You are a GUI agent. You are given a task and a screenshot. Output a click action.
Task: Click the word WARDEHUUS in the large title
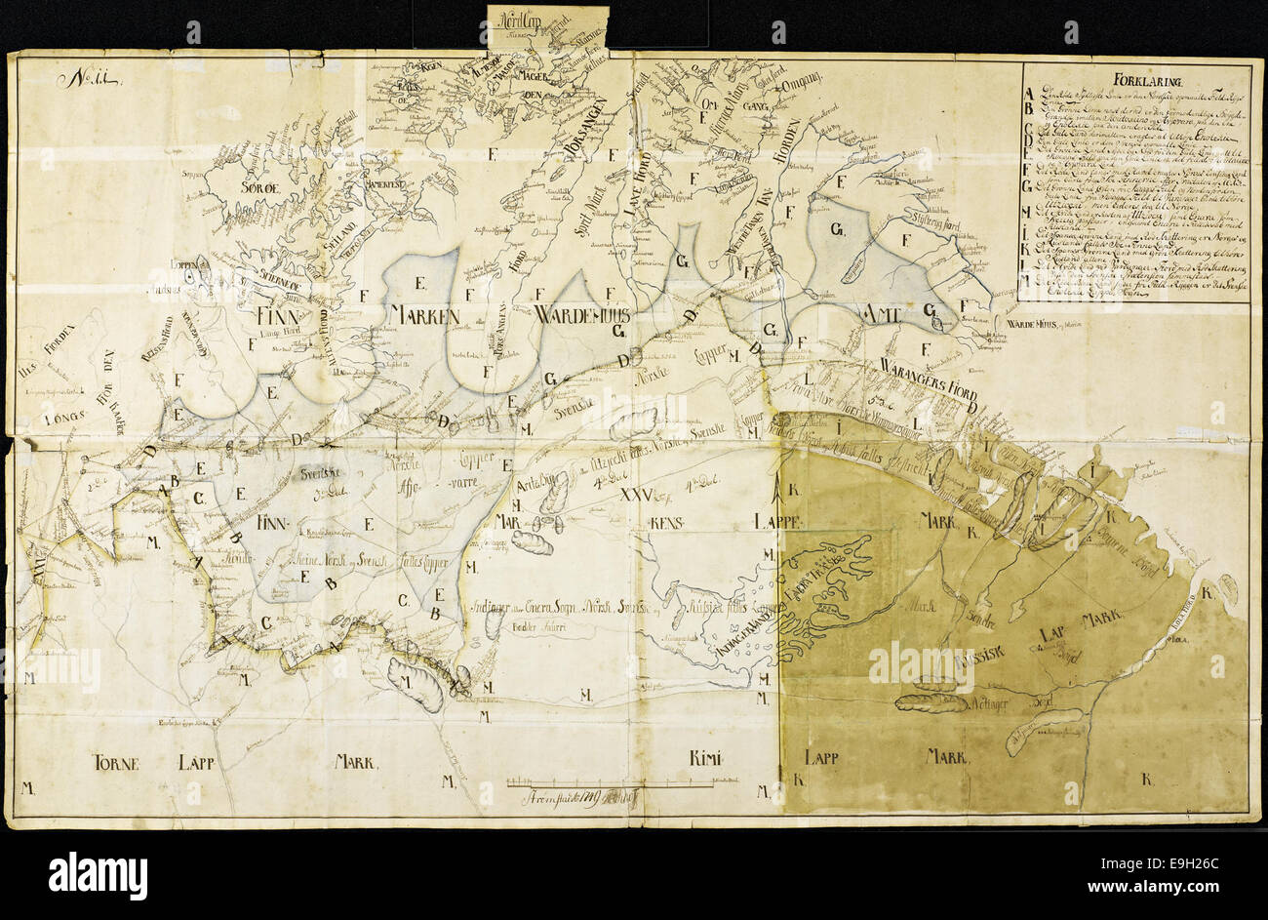[583, 314]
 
